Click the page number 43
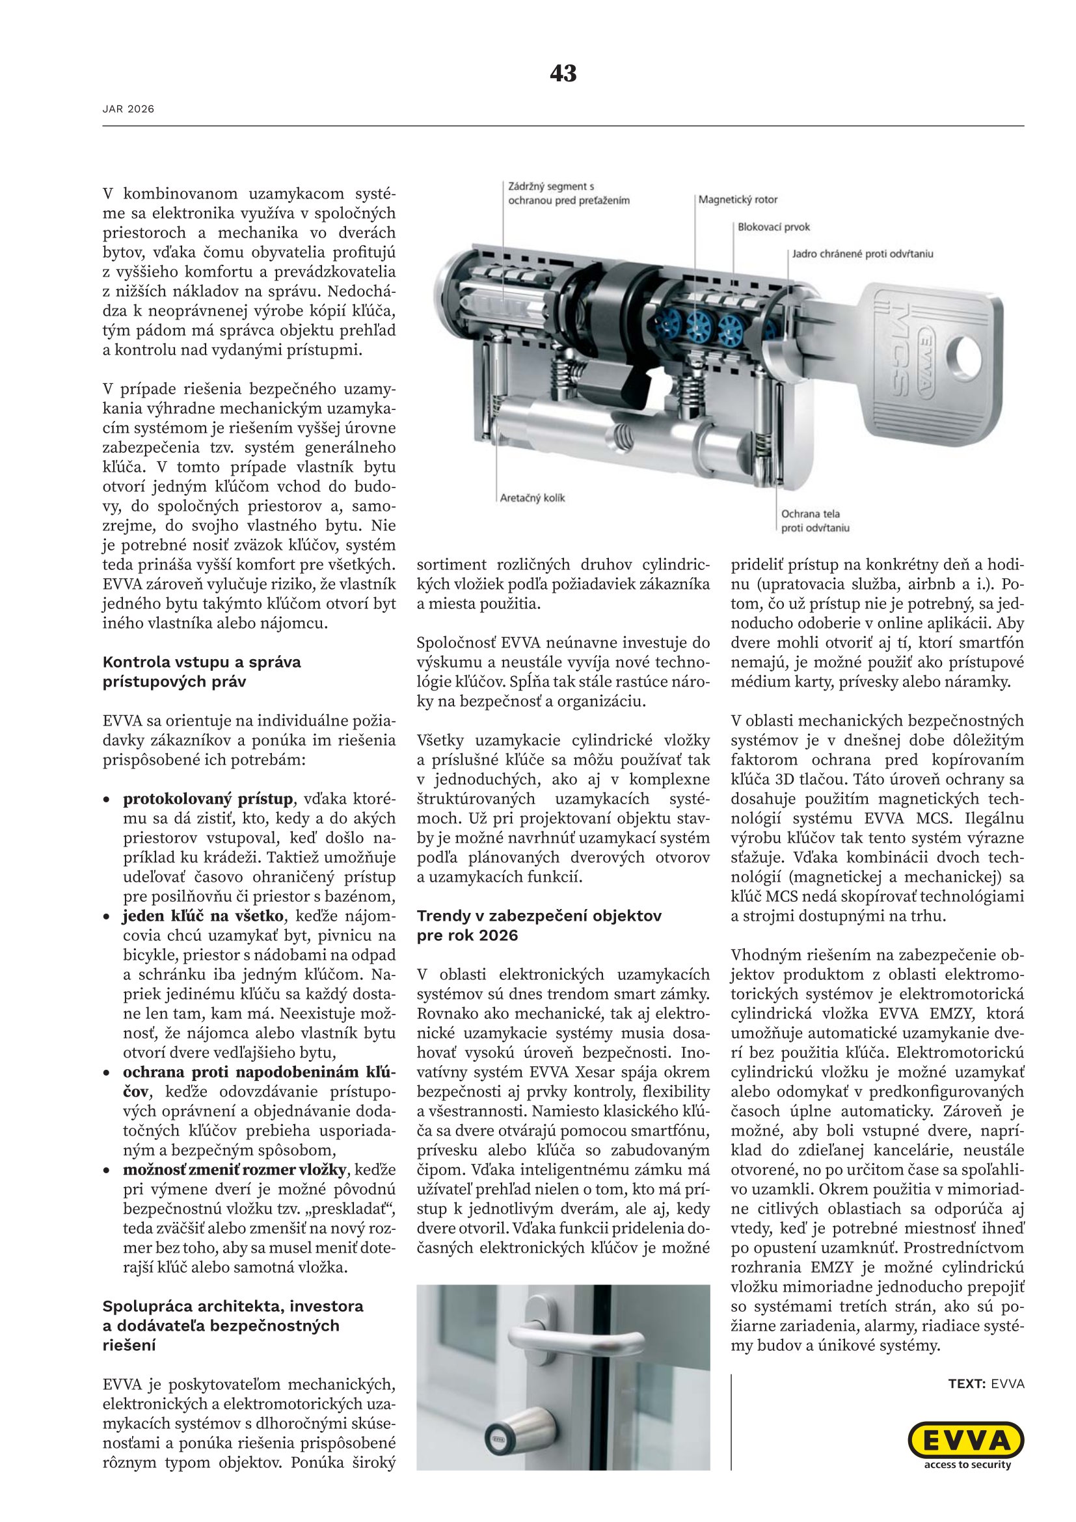[563, 73]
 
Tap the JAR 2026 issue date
[128, 109]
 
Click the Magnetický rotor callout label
[738, 200]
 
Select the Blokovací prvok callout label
[774, 226]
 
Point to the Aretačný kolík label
[533, 498]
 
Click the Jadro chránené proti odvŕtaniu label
[863, 254]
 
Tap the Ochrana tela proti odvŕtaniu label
[814, 521]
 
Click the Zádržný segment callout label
[568, 193]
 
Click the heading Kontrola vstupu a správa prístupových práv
[202, 672]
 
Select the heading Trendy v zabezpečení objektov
[539, 925]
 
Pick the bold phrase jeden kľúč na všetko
[203, 916]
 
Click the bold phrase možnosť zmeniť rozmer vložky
[235, 1169]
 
